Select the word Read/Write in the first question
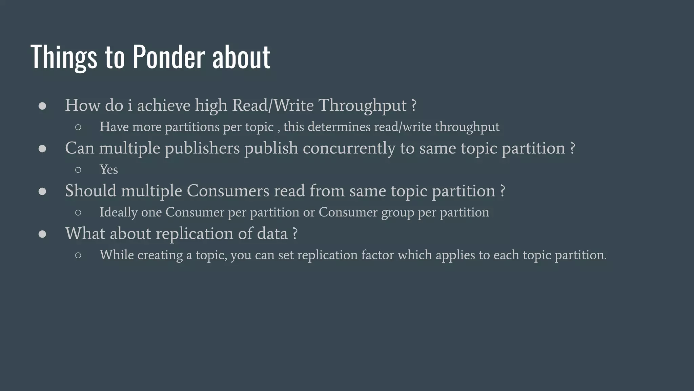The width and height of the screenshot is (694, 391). coord(273,105)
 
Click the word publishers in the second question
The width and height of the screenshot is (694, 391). coord(202,149)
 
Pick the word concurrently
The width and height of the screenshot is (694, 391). coord(349,149)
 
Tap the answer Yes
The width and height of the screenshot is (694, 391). coord(109,169)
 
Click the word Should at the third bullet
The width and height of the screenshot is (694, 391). coord(90,191)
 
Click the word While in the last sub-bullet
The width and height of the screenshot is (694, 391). coord(117,255)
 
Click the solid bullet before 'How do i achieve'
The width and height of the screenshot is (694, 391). coord(42,106)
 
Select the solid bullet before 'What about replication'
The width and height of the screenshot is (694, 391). coord(42,234)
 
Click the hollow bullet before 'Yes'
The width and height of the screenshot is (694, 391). coord(78,170)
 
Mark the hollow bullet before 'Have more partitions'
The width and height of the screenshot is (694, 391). coord(78,127)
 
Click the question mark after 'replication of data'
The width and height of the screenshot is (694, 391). coord(295,234)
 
